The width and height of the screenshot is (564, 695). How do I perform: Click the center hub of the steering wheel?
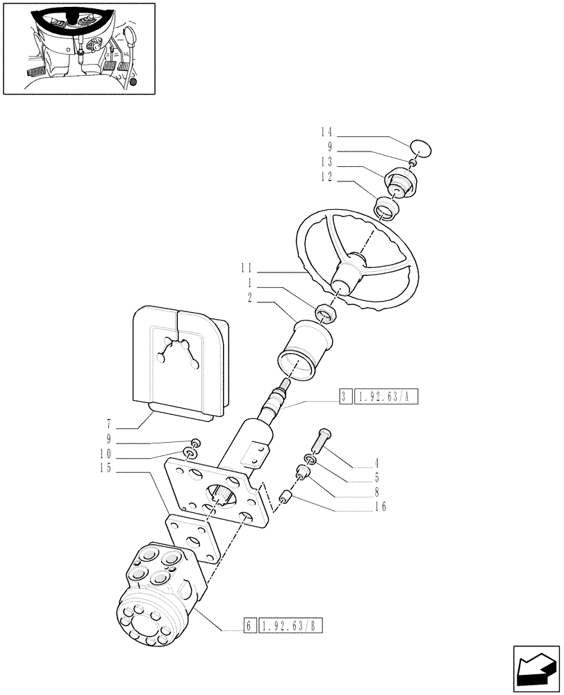click(348, 275)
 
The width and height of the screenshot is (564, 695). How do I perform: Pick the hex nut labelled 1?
click(326, 314)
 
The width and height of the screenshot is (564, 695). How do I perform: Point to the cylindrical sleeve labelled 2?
click(305, 351)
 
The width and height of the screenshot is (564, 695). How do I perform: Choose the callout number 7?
click(110, 424)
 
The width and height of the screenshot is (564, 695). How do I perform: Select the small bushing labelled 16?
click(284, 498)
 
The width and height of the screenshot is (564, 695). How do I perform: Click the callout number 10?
click(105, 455)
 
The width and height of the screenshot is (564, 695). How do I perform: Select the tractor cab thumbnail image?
click(78, 48)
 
